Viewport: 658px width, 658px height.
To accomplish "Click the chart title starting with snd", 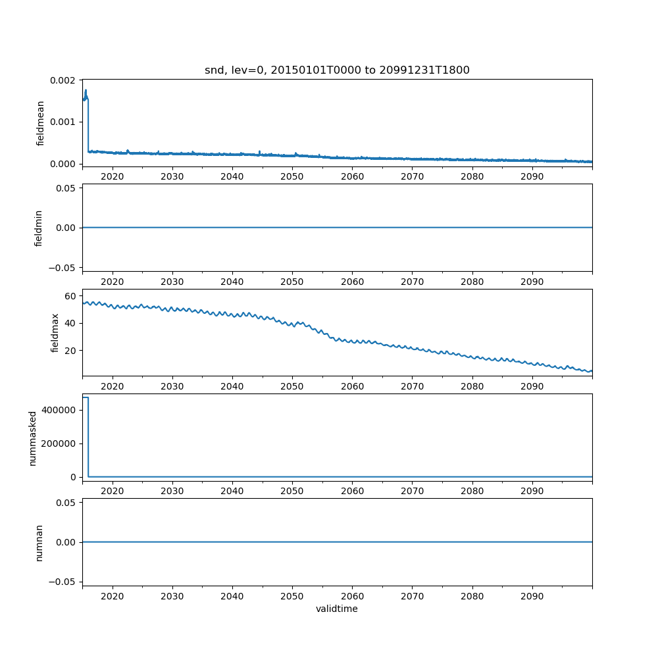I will pos(337,70).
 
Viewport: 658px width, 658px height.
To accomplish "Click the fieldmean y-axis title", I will pos(40,123).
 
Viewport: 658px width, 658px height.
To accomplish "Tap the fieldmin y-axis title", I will pos(39,228).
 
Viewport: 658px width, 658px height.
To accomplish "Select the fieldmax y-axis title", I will pos(56,332).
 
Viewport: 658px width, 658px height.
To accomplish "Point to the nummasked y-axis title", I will pos(32,438).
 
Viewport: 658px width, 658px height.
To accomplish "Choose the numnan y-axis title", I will pos(39,542).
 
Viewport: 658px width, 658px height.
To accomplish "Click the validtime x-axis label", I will pos(337,609).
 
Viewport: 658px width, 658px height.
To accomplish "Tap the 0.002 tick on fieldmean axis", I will pos(64,80).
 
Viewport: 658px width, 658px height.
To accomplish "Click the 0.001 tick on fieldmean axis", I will pos(64,122).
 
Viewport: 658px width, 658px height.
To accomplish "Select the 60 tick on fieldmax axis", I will pos(71,297).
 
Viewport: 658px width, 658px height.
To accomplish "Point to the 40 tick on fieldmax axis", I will pos(71,323).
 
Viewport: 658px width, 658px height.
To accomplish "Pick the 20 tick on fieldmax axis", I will pos(71,350).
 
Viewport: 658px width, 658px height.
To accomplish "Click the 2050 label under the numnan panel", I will pos(292,595).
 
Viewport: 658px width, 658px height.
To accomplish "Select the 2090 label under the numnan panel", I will pos(532,595).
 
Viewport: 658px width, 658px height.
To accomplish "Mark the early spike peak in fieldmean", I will pos(86,90).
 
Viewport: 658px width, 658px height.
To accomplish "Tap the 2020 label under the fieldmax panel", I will pos(113,386).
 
